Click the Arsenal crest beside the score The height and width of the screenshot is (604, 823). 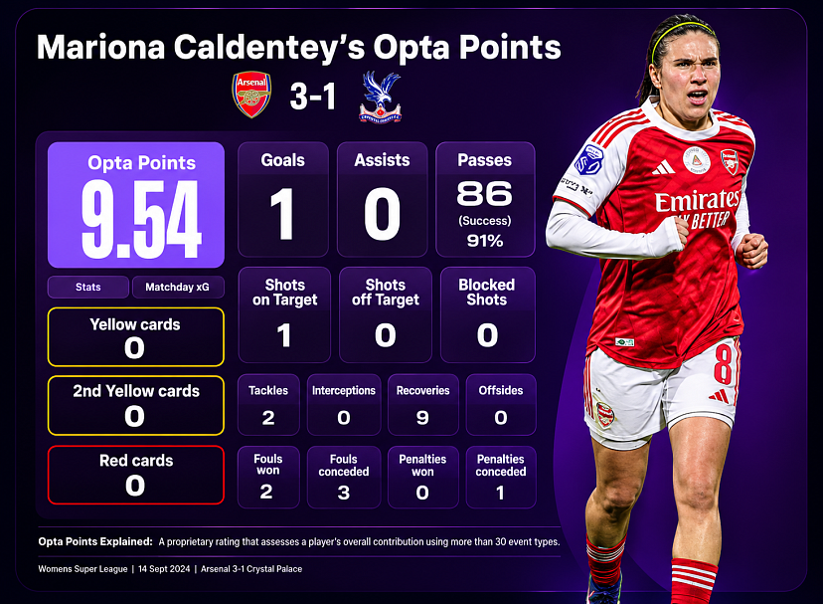click(x=251, y=95)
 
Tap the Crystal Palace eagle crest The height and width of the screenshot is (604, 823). click(x=381, y=98)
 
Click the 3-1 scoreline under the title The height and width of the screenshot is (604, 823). click(x=313, y=97)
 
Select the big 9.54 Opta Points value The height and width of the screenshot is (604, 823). click(x=141, y=219)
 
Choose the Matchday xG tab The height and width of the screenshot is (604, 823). click(x=177, y=287)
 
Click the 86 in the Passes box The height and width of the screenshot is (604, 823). click(x=484, y=193)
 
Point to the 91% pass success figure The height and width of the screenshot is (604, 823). click(x=485, y=241)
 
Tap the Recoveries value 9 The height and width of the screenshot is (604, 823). click(x=422, y=417)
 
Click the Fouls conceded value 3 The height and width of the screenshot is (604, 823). click(x=344, y=493)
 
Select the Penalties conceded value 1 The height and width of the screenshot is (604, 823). click(x=500, y=493)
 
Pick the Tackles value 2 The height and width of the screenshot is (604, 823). click(x=268, y=417)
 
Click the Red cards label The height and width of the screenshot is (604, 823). click(x=136, y=461)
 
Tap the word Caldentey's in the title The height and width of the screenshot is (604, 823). click(x=269, y=47)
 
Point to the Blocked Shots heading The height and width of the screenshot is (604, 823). click(x=487, y=292)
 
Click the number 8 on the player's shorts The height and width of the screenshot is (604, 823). click(x=723, y=364)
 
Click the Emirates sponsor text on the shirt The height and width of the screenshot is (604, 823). click(x=697, y=200)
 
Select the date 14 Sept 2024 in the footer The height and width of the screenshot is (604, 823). click(x=164, y=569)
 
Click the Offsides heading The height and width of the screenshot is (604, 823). click(x=501, y=390)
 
